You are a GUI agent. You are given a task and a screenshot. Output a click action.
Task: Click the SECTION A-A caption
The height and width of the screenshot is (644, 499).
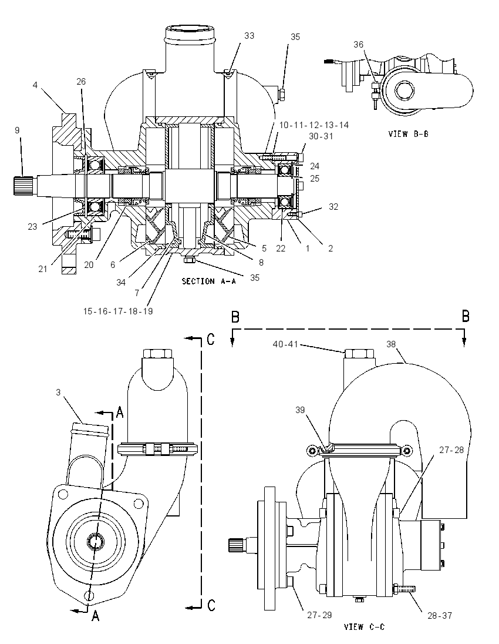(x=209, y=281)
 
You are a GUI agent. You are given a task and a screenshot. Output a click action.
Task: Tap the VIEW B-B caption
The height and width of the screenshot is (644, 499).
(x=409, y=134)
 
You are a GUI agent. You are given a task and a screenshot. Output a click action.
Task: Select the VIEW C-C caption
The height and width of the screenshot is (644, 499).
(x=364, y=627)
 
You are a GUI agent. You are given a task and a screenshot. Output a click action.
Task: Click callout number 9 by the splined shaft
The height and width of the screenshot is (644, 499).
(x=17, y=130)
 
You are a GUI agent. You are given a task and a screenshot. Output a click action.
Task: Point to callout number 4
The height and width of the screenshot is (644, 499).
(x=35, y=85)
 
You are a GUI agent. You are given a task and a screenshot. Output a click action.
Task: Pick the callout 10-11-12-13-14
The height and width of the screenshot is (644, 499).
(x=314, y=125)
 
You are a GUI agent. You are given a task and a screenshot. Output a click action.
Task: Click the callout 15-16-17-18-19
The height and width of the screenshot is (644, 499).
(x=118, y=311)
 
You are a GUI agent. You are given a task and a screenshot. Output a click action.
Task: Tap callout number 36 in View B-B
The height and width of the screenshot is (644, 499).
(x=358, y=44)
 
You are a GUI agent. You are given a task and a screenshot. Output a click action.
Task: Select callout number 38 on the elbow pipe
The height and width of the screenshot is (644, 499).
(x=391, y=344)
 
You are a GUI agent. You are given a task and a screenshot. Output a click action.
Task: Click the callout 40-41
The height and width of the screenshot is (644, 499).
(x=285, y=344)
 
